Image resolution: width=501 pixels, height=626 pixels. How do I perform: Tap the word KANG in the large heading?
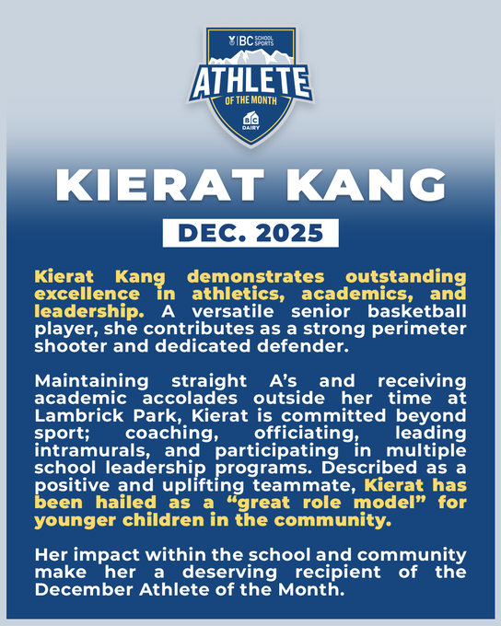coord(366,185)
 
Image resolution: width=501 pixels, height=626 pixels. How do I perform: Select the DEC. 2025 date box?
coord(250,233)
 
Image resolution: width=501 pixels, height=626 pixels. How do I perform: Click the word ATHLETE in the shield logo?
coord(250,82)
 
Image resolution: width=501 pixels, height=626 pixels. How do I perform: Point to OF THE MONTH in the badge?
coord(250,99)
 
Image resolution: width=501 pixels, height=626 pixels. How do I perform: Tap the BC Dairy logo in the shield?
coord(250,121)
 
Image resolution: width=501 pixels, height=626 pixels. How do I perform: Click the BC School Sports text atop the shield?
coord(251,41)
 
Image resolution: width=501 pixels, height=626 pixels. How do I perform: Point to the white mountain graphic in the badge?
coord(250,57)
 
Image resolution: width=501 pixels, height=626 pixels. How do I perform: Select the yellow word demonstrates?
coord(256,277)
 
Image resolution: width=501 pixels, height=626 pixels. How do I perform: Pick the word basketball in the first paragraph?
coord(416,311)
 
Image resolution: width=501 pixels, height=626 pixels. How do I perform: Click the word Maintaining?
coord(91,381)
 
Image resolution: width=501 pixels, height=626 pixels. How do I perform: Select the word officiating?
coord(306,434)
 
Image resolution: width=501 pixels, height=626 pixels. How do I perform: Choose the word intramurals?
coord(94,451)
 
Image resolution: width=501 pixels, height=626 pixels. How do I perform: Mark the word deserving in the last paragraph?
coord(229,572)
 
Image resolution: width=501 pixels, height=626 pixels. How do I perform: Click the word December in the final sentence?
coord(84,590)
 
